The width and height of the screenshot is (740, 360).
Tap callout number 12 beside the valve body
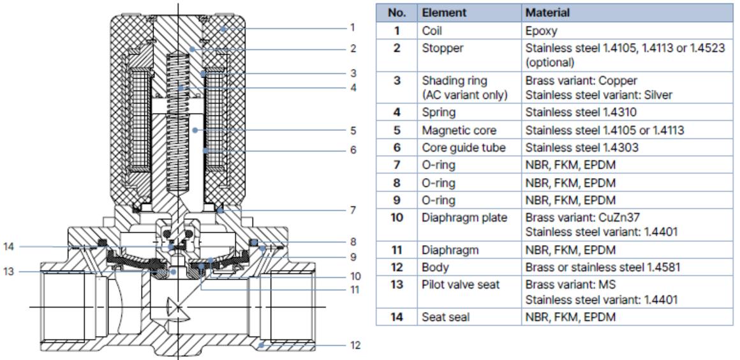point(355,345)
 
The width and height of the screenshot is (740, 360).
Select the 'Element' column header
point(440,12)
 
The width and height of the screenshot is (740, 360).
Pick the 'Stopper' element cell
point(439,48)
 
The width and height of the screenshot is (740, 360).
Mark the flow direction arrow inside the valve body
point(176,310)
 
